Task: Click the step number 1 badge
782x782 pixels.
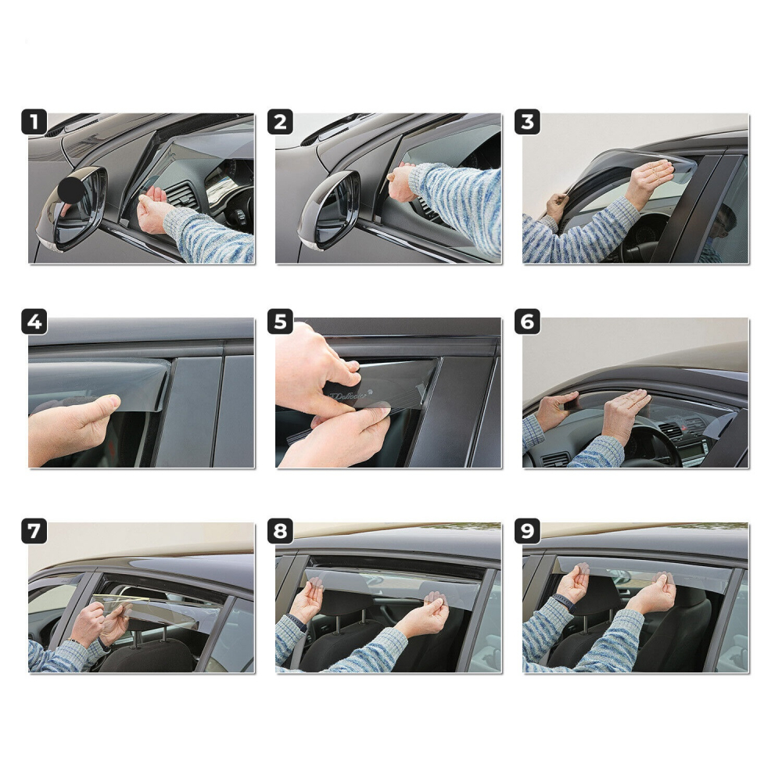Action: (33, 124)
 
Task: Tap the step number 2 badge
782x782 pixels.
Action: (280, 124)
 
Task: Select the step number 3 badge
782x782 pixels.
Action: (527, 124)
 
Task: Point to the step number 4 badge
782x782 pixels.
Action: (33, 322)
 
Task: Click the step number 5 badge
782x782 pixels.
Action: (280, 322)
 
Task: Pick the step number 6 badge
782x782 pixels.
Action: (527, 322)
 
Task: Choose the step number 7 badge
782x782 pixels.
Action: (33, 533)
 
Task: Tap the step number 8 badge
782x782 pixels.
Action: (280, 533)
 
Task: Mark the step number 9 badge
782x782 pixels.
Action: (527, 533)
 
